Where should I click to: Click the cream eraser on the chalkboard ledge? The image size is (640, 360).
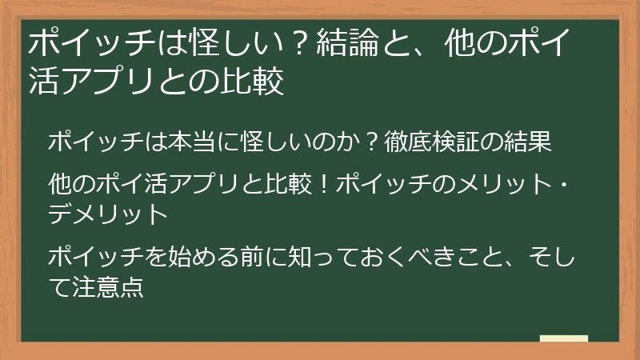point(563,339)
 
